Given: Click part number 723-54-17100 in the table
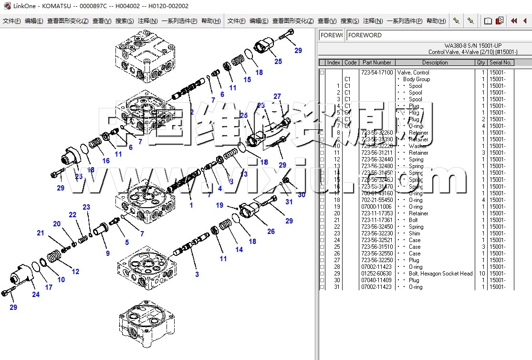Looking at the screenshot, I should [x=377, y=73].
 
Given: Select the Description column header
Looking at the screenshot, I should [x=435, y=63].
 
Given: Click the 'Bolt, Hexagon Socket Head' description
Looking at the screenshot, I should [x=440, y=274].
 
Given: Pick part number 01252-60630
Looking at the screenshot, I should [x=377, y=274].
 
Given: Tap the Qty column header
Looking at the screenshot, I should [x=481, y=63].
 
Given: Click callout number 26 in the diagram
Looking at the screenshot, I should [x=271, y=232].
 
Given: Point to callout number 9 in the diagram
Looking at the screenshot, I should [x=108, y=254].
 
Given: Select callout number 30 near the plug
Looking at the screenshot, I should [x=301, y=195].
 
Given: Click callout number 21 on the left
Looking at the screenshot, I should [x=41, y=233].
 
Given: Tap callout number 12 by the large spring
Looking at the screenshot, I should [x=75, y=272].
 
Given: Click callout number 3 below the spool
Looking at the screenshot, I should [x=197, y=274].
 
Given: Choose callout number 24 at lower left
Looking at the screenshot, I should [x=36, y=295].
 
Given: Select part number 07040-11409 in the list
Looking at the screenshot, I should [x=377, y=280].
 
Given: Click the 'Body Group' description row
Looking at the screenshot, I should [x=416, y=79].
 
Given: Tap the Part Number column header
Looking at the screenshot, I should [x=376, y=63].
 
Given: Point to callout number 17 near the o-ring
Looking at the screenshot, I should [x=49, y=287].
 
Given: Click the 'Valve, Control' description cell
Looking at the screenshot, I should [x=413, y=73].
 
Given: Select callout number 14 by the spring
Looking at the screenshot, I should [x=239, y=249].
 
